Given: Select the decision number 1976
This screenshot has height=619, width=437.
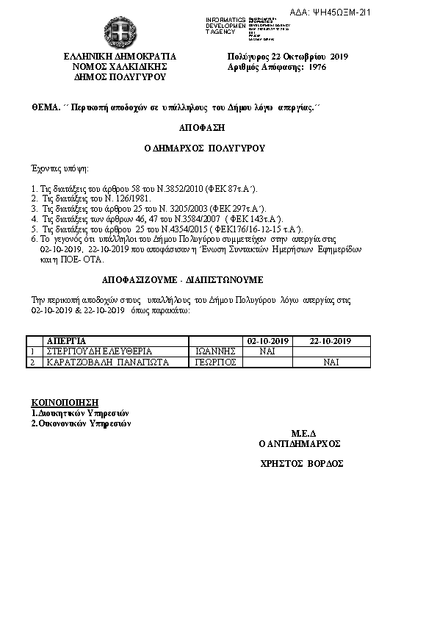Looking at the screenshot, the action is point(317,66).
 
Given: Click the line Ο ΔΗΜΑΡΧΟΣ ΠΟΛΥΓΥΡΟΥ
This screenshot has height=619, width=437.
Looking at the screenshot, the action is point(204,148).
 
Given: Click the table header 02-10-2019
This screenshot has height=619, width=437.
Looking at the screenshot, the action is point(268,341).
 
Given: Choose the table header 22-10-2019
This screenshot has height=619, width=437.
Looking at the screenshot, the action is point(331,341).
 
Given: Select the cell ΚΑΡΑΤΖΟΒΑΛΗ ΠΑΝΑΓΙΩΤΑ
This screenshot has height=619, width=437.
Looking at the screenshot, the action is point(108,362).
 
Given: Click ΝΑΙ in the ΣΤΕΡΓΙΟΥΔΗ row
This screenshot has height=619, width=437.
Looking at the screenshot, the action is point(269,351).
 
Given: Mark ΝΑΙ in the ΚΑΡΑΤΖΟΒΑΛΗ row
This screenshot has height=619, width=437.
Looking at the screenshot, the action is point(331,362).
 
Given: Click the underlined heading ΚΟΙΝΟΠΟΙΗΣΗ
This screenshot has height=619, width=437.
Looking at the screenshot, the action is point(65,403).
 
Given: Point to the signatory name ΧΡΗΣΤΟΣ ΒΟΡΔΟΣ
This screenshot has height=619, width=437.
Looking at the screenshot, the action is point(302,464).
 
